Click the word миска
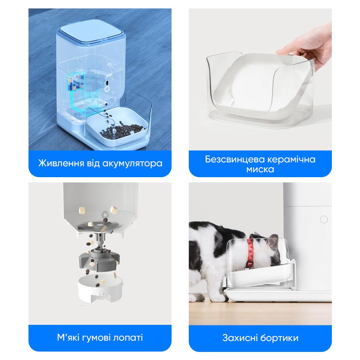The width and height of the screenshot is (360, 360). tap(260, 169)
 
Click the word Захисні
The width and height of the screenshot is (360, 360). tap(239, 338)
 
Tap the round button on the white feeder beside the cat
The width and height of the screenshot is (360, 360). tap(323, 220)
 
